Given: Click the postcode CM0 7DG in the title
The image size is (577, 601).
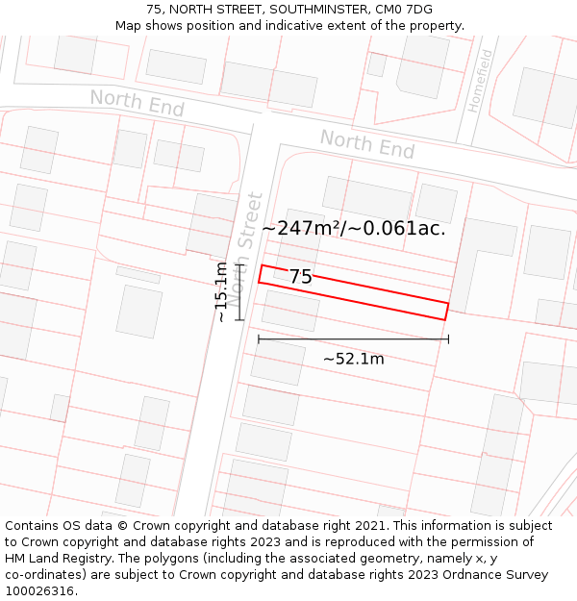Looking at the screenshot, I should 398,10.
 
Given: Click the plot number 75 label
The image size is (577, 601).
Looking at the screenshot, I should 300,277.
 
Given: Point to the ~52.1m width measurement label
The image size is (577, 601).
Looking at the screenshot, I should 353,359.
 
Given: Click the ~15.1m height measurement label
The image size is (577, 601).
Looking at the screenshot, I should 221,291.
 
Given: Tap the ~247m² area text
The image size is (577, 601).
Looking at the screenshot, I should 299,229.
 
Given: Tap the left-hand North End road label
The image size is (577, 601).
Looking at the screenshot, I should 137,103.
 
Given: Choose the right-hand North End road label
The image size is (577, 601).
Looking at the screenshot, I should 367,144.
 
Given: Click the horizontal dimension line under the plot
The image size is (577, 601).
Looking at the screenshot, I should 353,338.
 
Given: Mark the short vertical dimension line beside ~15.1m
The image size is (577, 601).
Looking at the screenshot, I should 239,291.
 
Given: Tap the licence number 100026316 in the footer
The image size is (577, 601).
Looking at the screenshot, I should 39,590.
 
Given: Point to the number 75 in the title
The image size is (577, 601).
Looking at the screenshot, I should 155,10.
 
